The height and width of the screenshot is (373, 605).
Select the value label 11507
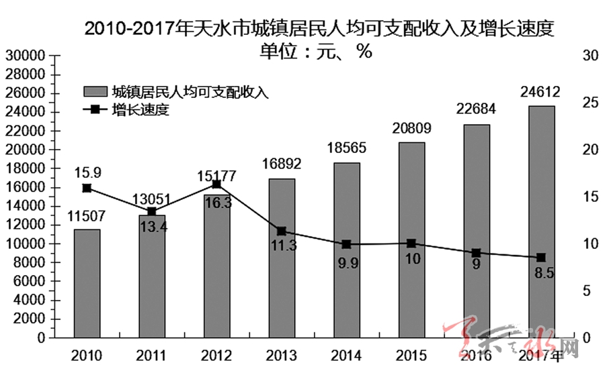click(x=87, y=216)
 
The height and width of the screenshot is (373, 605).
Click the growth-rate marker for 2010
click(x=87, y=189)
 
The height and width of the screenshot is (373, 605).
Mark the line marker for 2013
click(x=282, y=231)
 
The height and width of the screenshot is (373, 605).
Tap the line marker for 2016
click(x=476, y=253)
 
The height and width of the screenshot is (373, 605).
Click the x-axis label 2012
click(x=216, y=355)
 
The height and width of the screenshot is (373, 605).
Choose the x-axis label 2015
click(x=411, y=355)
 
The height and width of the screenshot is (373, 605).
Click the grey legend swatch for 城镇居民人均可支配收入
click(x=95, y=92)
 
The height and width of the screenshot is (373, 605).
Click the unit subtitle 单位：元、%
click(x=316, y=51)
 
